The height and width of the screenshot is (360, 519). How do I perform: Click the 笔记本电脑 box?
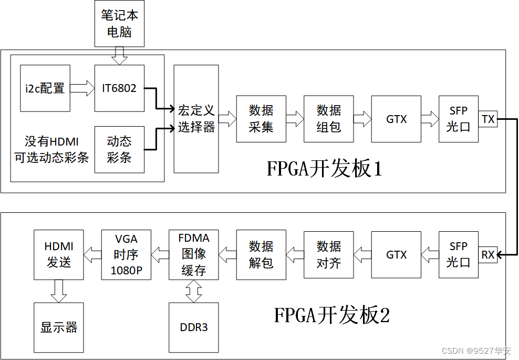click(x=119, y=23)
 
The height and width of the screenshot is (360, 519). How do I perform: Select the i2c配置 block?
click(x=45, y=88)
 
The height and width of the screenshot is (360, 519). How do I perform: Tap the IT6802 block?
click(x=119, y=88)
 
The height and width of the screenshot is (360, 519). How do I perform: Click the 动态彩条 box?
click(x=119, y=149)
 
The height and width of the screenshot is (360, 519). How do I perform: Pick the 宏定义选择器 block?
click(x=196, y=119)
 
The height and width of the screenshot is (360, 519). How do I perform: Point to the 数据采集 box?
click(x=261, y=119)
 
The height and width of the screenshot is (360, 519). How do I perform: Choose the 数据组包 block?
click(x=328, y=119)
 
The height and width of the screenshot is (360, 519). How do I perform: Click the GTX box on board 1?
click(x=396, y=119)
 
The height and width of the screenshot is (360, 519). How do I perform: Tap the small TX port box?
click(x=488, y=119)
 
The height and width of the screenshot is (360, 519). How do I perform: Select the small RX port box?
click(x=488, y=255)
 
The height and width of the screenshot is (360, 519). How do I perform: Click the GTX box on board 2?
click(x=396, y=255)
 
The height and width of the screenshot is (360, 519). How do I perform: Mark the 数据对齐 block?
click(x=328, y=255)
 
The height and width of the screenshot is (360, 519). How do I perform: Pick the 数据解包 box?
click(x=261, y=255)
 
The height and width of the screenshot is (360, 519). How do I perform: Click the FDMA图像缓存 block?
click(x=193, y=255)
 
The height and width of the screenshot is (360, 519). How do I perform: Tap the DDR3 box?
click(x=193, y=327)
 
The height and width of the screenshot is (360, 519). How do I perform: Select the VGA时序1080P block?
click(x=126, y=255)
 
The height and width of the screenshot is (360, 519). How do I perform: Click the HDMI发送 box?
click(x=58, y=255)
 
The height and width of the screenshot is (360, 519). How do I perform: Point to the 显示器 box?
click(x=58, y=327)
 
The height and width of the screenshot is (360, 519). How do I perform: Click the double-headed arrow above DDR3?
click(x=193, y=291)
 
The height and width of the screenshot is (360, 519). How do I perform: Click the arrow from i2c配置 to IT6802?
click(x=82, y=88)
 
